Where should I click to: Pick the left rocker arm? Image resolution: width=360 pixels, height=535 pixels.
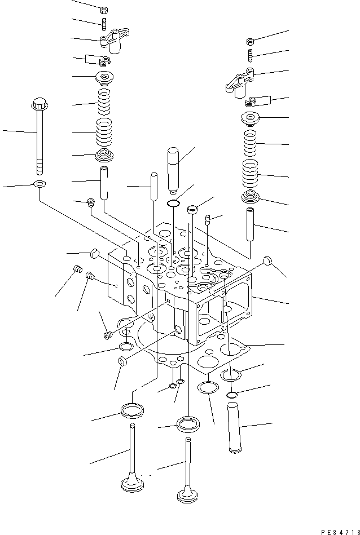point(113,41)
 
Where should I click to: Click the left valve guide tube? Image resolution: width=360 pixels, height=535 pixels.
point(105,182)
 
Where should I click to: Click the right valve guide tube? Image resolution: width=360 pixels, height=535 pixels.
point(251,222)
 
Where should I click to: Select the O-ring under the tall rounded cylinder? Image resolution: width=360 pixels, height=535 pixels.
point(174,203)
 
